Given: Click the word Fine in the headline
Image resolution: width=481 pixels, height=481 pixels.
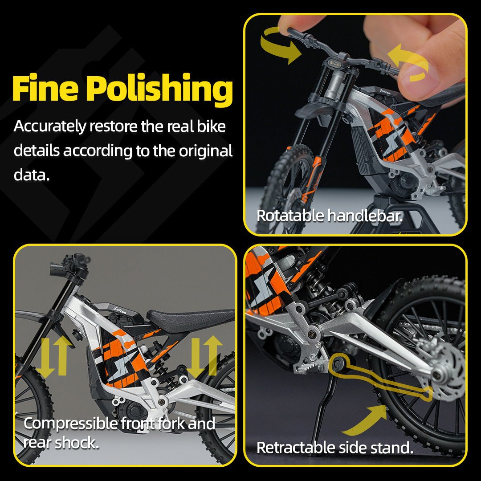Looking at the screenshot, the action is point(45,88).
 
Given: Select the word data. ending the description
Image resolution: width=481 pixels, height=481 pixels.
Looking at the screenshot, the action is point(32,175).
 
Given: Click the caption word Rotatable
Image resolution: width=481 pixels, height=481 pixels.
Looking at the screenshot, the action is point(290,215).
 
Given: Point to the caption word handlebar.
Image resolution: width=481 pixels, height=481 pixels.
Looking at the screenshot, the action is point(365,215).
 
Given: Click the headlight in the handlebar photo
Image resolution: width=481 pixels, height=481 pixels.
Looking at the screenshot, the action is point(336,64).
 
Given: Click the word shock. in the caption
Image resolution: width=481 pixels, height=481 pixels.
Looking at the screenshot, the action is point(77,443).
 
